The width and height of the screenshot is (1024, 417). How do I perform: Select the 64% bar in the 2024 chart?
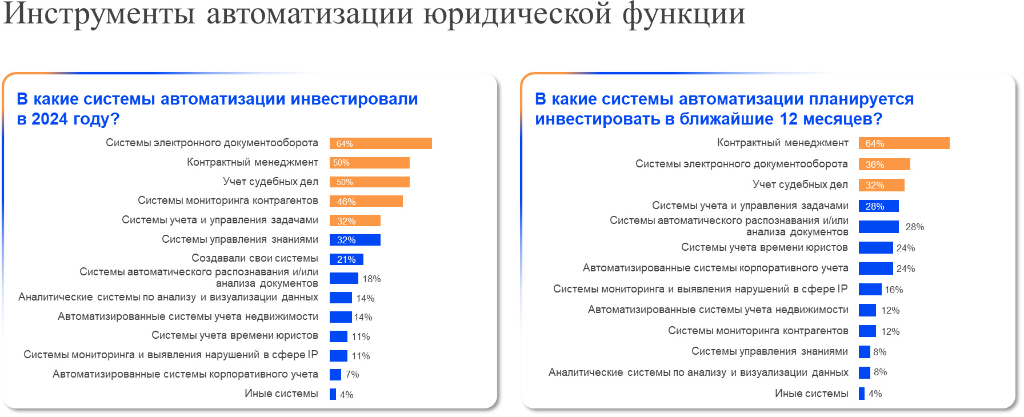tap(381, 143)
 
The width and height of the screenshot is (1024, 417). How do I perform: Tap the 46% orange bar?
tap(366, 201)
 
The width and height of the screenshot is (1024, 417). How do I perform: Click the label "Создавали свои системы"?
tap(255, 258)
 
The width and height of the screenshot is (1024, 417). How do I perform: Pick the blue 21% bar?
tap(346, 259)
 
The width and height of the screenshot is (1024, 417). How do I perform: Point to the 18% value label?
tap(371, 279)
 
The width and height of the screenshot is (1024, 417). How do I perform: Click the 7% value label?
tap(353, 375)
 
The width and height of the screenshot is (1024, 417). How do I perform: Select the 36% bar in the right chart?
tap(884, 165)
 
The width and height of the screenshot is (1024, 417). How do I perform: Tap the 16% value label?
tap(894, 290)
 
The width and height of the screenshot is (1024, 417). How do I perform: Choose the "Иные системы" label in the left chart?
tap(281, 394)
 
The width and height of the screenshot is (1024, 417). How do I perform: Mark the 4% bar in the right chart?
tap(862, 394)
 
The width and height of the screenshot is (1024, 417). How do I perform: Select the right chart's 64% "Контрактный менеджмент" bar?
tap(904, 143)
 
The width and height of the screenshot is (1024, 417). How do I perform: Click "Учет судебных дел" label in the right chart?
tap(800, 185)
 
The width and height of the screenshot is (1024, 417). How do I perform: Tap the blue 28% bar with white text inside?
tap(878, 206)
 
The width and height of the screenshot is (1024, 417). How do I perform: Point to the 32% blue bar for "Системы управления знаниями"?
tap(355, 240)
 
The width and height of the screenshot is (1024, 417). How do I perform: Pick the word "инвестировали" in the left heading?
tap(354, 99)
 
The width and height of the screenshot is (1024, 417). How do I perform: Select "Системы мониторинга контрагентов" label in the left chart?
tap(228, 201)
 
